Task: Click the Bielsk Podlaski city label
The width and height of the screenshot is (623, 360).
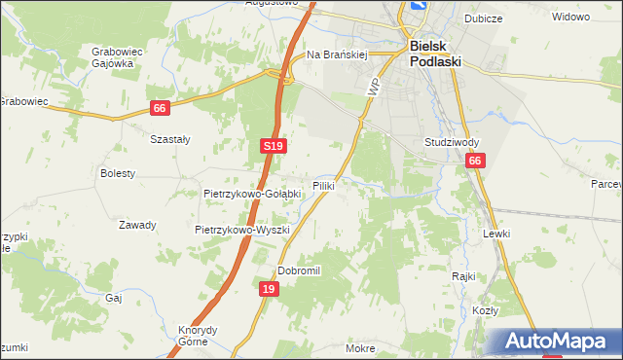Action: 434,53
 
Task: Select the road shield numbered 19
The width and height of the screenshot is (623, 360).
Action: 270,289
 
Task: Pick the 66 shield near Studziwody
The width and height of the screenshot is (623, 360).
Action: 474,162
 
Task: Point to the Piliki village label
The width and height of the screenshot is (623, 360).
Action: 324,185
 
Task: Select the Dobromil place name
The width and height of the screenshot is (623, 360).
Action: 299,270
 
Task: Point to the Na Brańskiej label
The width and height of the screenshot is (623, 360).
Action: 336,55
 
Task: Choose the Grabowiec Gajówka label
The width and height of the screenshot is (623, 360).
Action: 112,56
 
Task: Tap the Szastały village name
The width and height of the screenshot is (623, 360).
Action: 169,139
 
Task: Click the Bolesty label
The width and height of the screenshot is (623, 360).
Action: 118,173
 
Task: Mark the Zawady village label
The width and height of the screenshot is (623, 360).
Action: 137,225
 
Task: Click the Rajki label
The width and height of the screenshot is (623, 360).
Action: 463,276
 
